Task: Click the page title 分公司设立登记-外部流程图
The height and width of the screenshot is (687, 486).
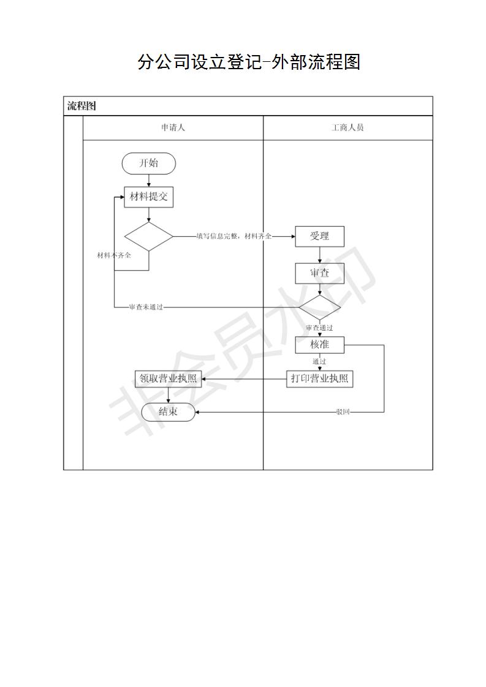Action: [249, 62]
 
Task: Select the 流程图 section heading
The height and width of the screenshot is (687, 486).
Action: [82, 105]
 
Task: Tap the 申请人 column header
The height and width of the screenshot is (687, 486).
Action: [173, 127]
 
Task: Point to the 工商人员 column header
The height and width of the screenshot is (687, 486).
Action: [347, 127]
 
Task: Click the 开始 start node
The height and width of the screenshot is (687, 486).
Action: [149, 163]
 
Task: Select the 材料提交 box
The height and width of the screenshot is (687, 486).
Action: [149, 197]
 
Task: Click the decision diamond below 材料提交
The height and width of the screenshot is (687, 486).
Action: [149, 236]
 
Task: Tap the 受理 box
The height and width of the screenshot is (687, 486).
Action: [319, 236]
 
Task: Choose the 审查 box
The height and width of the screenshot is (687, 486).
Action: [319, 274]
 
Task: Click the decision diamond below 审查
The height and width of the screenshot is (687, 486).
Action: [319, 307]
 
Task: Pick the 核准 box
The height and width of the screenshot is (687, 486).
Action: [319, 345]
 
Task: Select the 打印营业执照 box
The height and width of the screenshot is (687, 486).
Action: [319, 378]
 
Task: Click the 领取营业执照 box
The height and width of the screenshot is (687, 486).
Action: [168, 378]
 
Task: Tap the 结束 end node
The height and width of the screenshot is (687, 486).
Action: [168, 412]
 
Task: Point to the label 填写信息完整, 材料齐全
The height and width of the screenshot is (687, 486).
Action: [234, 236]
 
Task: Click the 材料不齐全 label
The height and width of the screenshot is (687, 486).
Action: [114, 255]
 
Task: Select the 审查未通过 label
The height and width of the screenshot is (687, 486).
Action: [146, 307]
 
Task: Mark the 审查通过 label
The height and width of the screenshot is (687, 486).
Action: [319, 328]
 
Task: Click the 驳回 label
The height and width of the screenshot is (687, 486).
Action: [343, 412]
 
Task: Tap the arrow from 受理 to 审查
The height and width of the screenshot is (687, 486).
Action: [319, 255]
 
